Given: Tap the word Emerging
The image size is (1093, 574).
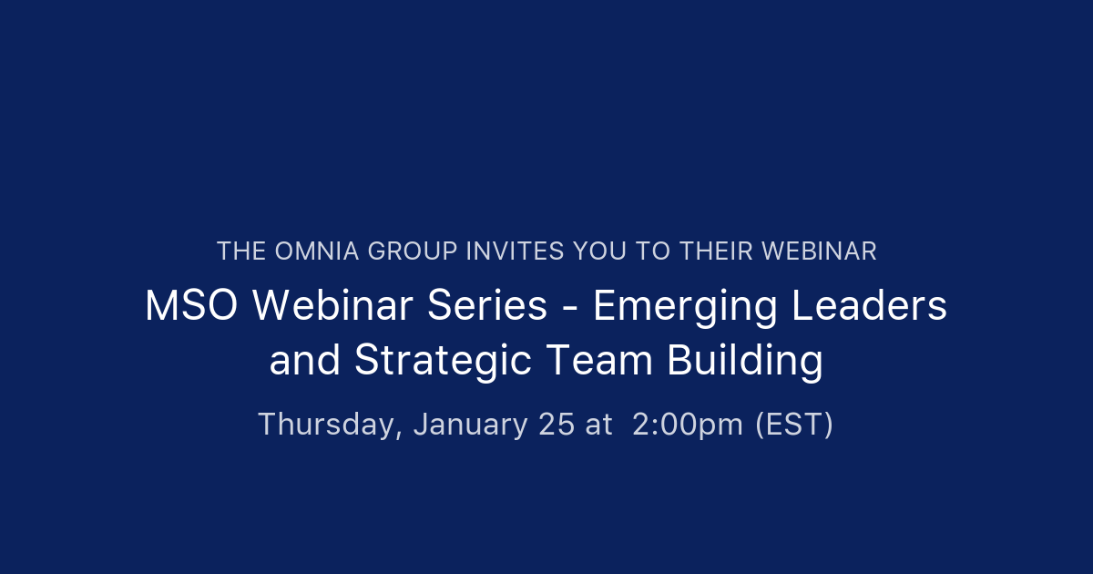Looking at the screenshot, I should pyautogui.click(x=685, y=308).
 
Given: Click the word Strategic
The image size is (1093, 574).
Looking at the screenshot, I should pyautogui.click(x=443, y=362).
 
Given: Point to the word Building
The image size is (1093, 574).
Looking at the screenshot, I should pyautogui.click(x=745, y=362).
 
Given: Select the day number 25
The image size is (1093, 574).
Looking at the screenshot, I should pyautogui.click(x=557, y=425).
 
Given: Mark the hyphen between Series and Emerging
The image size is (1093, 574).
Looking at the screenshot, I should pyautogui.click(x=569, y=308).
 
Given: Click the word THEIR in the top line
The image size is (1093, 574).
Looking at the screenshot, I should pyautogui.click(x=712, y=251).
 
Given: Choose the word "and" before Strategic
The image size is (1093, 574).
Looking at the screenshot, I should pyautogui.click(x=304, y=361).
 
